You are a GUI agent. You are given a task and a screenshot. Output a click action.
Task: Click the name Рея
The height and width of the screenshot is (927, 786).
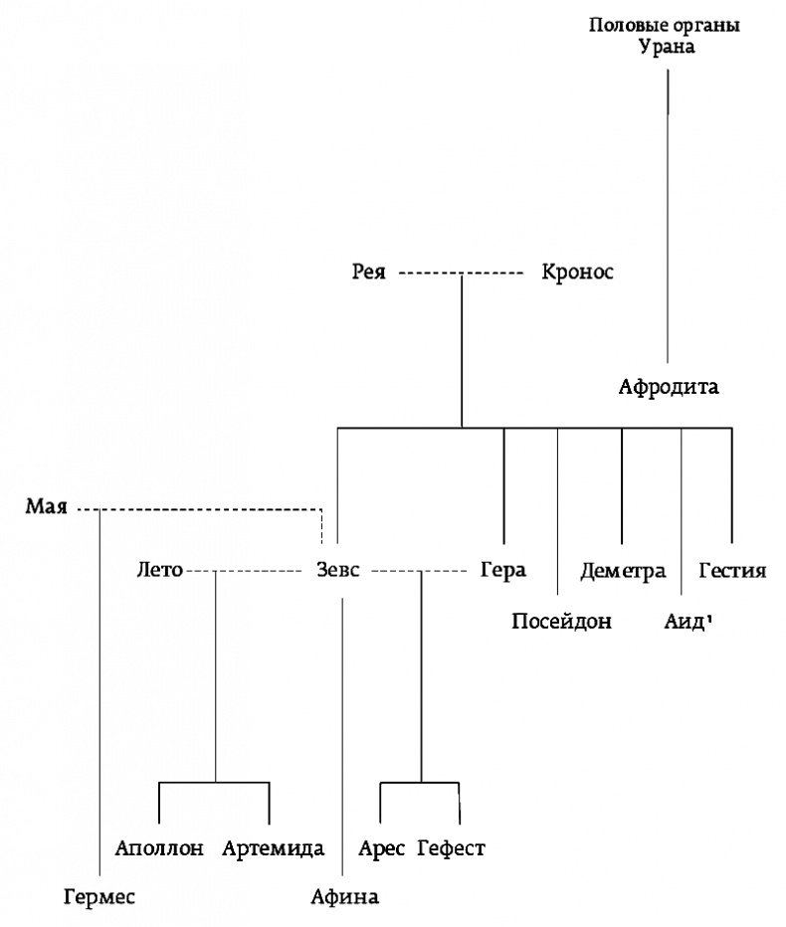(x=368, y=272)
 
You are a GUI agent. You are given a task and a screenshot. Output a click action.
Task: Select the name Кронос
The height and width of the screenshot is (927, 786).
(x=577, y=272)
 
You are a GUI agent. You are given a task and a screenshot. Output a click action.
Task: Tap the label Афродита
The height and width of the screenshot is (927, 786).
(x=668, y=388)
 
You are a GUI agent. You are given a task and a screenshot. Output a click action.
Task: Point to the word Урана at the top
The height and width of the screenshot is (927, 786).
(x=666, y=46)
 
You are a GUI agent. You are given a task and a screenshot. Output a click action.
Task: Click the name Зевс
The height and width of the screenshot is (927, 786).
(x=331, y=571)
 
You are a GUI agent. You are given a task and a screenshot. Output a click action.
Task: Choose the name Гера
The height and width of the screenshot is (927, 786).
(x=501, y=571)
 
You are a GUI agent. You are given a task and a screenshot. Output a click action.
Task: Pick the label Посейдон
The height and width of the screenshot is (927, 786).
(x=560, y=623)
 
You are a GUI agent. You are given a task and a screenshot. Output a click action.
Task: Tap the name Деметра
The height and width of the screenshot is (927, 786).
(x=623, y=571)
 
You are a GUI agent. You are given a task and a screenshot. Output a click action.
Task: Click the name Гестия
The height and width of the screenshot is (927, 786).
(x=732, y=571)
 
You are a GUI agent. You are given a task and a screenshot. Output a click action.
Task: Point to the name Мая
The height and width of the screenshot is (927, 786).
(x=46, y=508)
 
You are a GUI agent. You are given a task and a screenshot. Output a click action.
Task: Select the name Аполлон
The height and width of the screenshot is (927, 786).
(x=159, y=848)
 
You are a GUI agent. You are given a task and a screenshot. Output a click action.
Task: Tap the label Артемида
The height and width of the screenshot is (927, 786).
(x=274, y=848)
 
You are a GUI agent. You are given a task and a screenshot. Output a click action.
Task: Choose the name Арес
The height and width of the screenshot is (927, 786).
(x=381, y=848)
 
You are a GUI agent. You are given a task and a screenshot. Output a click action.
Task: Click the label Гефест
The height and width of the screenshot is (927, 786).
(x=451, y=848)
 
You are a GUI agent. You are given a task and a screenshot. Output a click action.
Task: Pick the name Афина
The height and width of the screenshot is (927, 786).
(x=344, y=897)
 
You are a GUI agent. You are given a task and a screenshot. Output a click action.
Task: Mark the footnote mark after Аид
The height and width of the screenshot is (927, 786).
(x=710, y=618)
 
